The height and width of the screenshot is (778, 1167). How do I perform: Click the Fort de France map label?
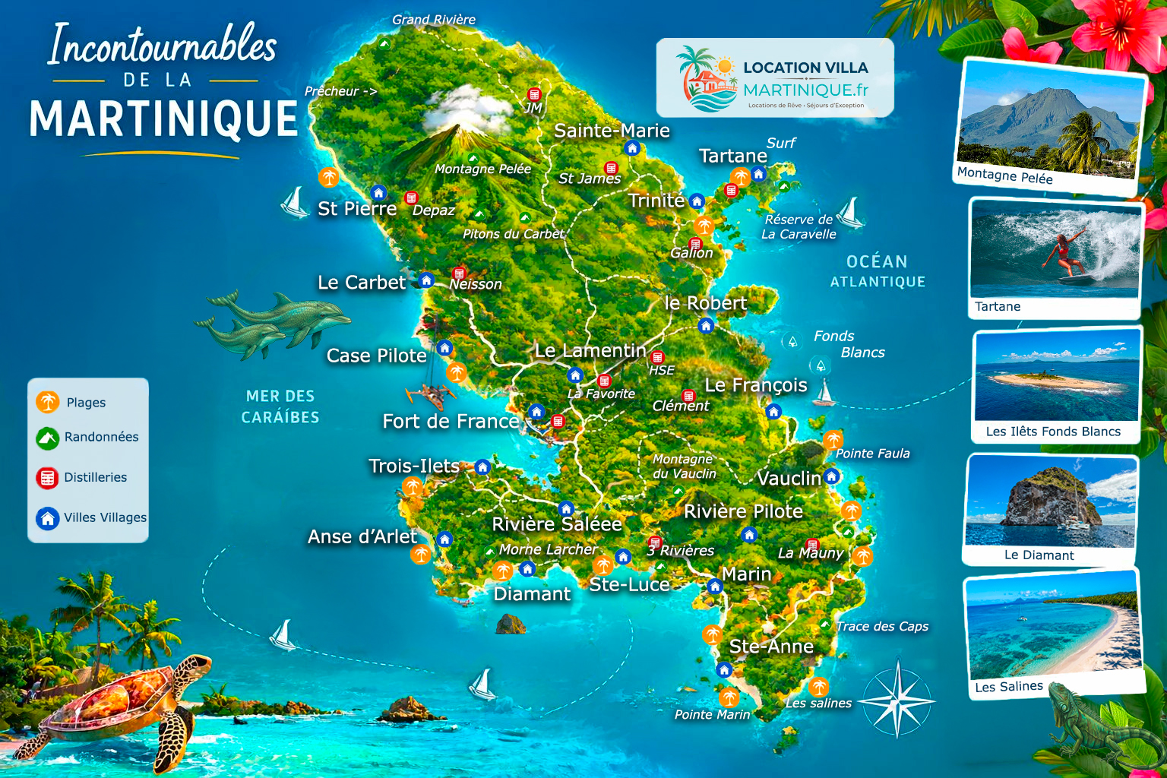[451, 422]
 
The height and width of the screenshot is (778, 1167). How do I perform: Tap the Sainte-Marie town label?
[612, 131]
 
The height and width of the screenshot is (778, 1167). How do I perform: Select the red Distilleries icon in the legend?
[47, 478]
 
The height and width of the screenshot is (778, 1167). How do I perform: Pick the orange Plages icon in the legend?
[47, 402]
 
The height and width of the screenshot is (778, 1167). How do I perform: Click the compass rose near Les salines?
[897, 700]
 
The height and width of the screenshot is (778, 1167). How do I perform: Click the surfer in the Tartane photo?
[1064, 254]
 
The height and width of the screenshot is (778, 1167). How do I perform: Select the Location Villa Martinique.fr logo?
[775, 77]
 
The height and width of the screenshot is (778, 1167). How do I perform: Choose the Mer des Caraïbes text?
[280, 406]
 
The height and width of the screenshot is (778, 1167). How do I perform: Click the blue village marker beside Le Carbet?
[426, 280]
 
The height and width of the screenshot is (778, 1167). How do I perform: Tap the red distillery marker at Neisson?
[459, 273]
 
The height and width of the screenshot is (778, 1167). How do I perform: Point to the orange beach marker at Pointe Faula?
[833, 439]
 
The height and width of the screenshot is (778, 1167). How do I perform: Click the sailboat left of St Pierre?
[294, 202]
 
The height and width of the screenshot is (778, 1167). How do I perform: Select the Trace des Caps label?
[882, 627]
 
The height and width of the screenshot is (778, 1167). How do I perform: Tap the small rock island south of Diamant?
[511, 625]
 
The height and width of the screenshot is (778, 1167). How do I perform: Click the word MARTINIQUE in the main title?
[163, 119]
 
